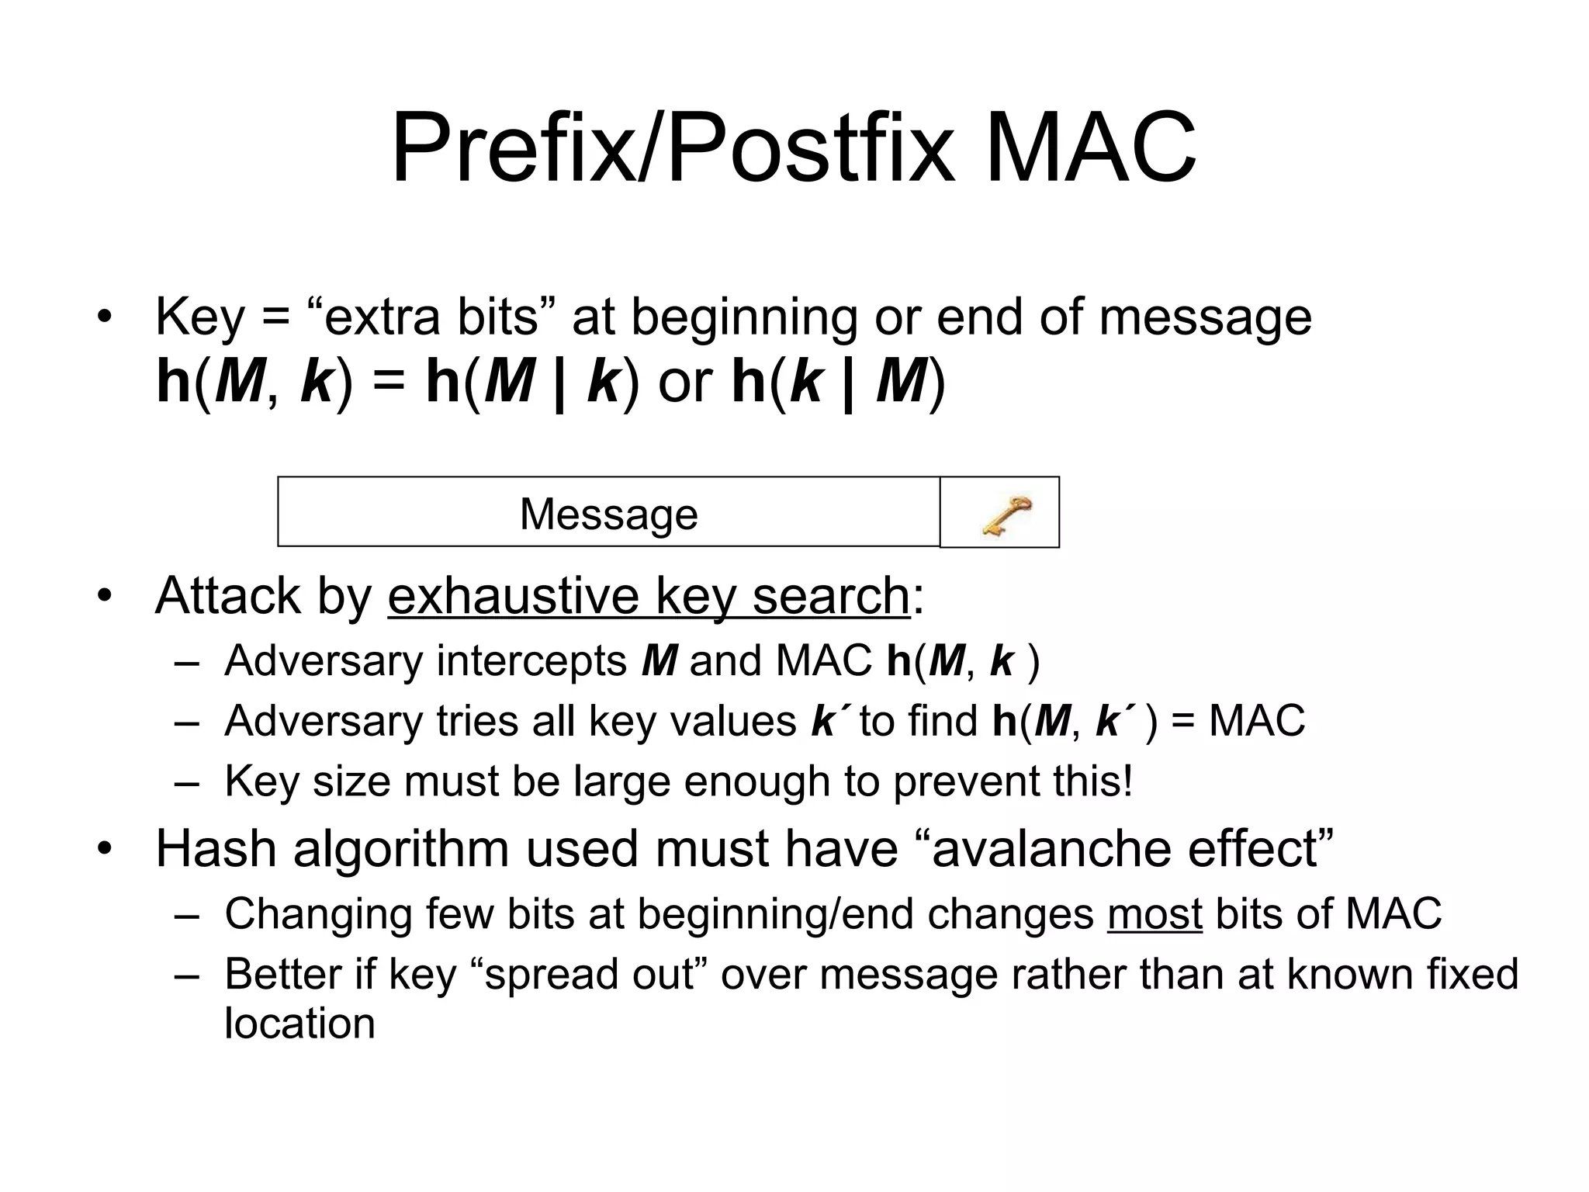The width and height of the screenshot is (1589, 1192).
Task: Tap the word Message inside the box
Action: tap(608, 514)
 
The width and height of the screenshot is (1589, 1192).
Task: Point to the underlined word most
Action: tap(1155, 913)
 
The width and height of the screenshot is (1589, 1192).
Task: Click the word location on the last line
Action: tap(299, 1023)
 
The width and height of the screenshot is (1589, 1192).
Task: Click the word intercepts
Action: tap(531, 661)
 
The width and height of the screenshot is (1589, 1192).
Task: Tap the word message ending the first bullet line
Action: tap(1205, 317)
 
